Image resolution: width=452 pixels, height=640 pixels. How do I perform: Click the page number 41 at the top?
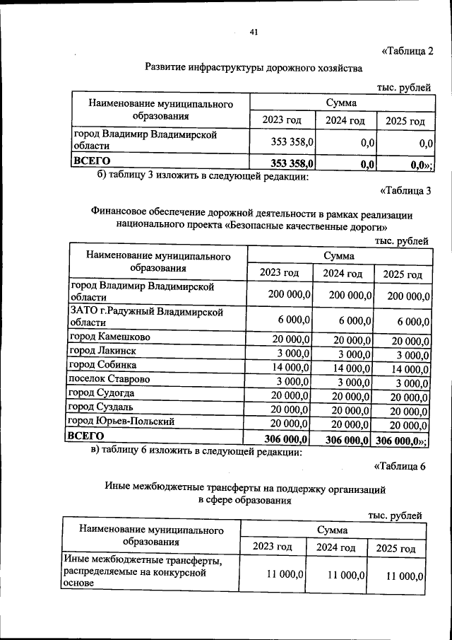click(254, 32)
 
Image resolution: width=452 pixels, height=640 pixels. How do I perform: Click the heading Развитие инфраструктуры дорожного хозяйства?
click(253, 68)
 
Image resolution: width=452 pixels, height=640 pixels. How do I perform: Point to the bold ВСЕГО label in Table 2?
click(93, 162)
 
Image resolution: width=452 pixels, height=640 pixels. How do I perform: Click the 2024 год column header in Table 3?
click(343, 274)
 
